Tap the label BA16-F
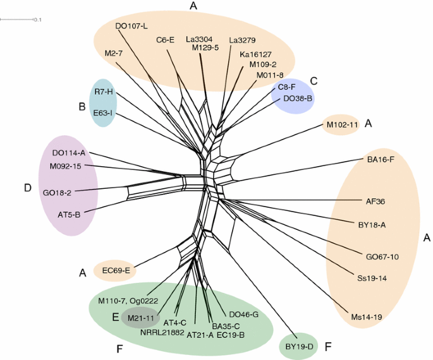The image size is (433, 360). pyautogui.click(x=381, y=160)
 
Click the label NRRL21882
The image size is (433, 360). pyautogui.click(x=162, y=332)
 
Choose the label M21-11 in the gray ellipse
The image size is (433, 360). pyautogui.click(x=142, y=318)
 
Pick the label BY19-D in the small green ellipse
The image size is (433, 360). pyautogui.click(x=299, y=347)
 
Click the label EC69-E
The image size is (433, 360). pyautogui.click(x=116, y=271)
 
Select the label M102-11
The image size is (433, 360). pyautogui.click(x=342, y=125)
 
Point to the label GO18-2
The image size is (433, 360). pyautogui.click(x=57, y=192)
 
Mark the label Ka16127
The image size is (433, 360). pyautogui.click(x=256, y=54)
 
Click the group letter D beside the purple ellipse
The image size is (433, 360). pyautogui.click(x=27, y=188)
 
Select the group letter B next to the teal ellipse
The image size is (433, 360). pyautogui.click(x=82, y=107)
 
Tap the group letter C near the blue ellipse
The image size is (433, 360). pyautogui.click(x=313, y=81)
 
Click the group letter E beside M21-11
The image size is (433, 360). pyautogui.click(x=116, y=317)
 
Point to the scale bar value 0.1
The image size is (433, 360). pyautogui.click(x=38, y=20)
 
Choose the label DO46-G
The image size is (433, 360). pyautogui.click(x=243, y=314)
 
